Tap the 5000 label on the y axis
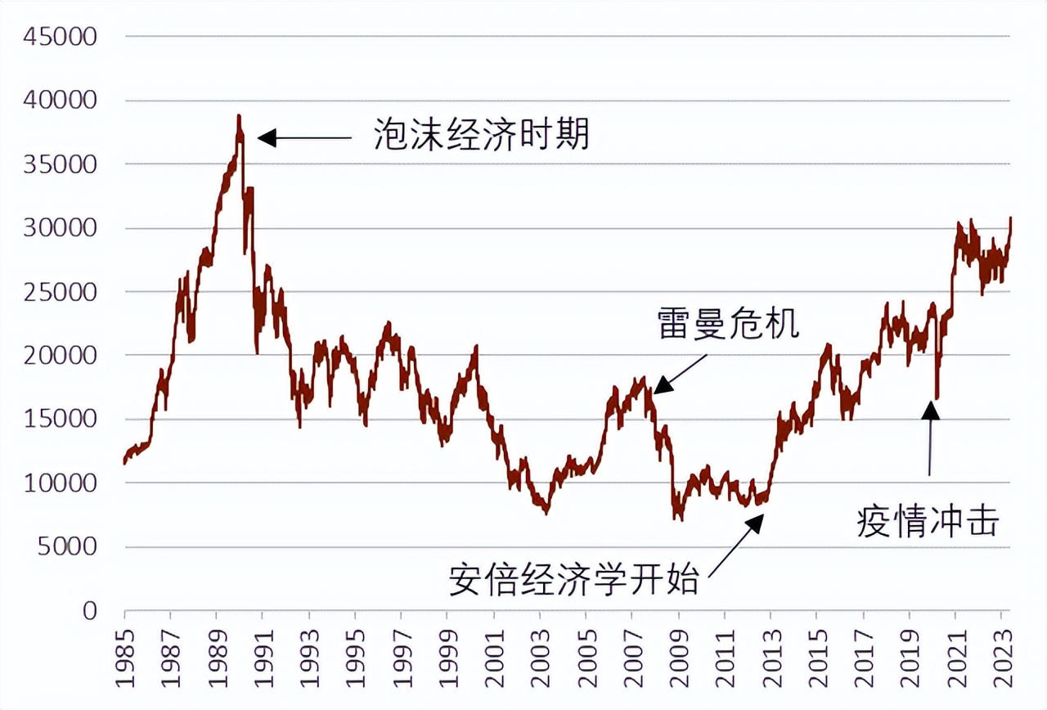tap(78, 547)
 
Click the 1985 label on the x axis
tap(125, 655)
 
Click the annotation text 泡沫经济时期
tap(481, 135)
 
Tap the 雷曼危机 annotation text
tap(728, 324)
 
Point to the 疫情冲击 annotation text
tap(928, 520)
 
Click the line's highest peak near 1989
tap(239, 116)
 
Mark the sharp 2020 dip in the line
tap(937, 398)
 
